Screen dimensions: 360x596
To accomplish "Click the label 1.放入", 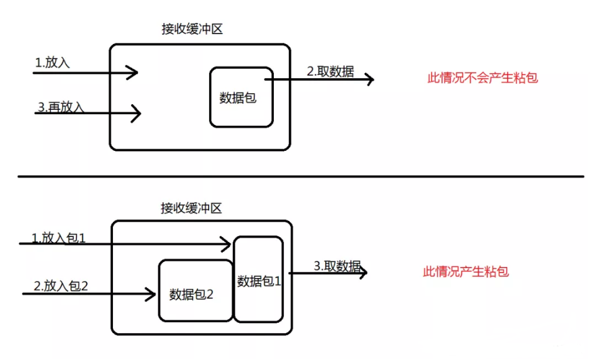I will pyautogui.click(x=52, y=63).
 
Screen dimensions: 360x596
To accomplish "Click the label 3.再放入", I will pyautogui.click(x=60, y=107).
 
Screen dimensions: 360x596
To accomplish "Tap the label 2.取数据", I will pyautogui.click(x=330, y=71).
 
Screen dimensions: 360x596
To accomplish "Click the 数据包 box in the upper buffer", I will pyautogui.click(x=241, y=97).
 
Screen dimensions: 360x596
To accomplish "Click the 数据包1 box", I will pyautogui.click(x=259, y=280).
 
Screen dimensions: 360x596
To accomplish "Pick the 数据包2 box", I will pyautogui.click(x=195, y=290).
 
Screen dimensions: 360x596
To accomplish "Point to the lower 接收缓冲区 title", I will pyautogui.click(x=191, y=208).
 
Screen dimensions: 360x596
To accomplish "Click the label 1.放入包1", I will pyautogui.click(x=59, y=237).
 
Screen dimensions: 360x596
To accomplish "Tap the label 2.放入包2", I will pyautogui.click(x=61, y=286).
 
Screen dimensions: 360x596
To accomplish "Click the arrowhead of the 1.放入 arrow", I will pyautogui.click(x=133, y=73).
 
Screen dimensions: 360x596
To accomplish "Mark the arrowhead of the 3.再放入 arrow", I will pyautogui.click(x=137, y=114).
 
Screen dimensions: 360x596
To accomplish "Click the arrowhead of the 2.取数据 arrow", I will pyautogui.click(x=369, y=79).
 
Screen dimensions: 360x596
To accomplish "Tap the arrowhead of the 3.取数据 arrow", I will pyautogui.click(x=362, y=272).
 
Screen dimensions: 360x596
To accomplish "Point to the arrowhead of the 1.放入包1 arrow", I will pyautogui.click(x=227, y=244).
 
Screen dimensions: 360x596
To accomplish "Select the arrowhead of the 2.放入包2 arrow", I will pyautogui.click(x=151, y=293).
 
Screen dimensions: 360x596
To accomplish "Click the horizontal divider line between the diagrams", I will pyautogui.click(x=298, y=176).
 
